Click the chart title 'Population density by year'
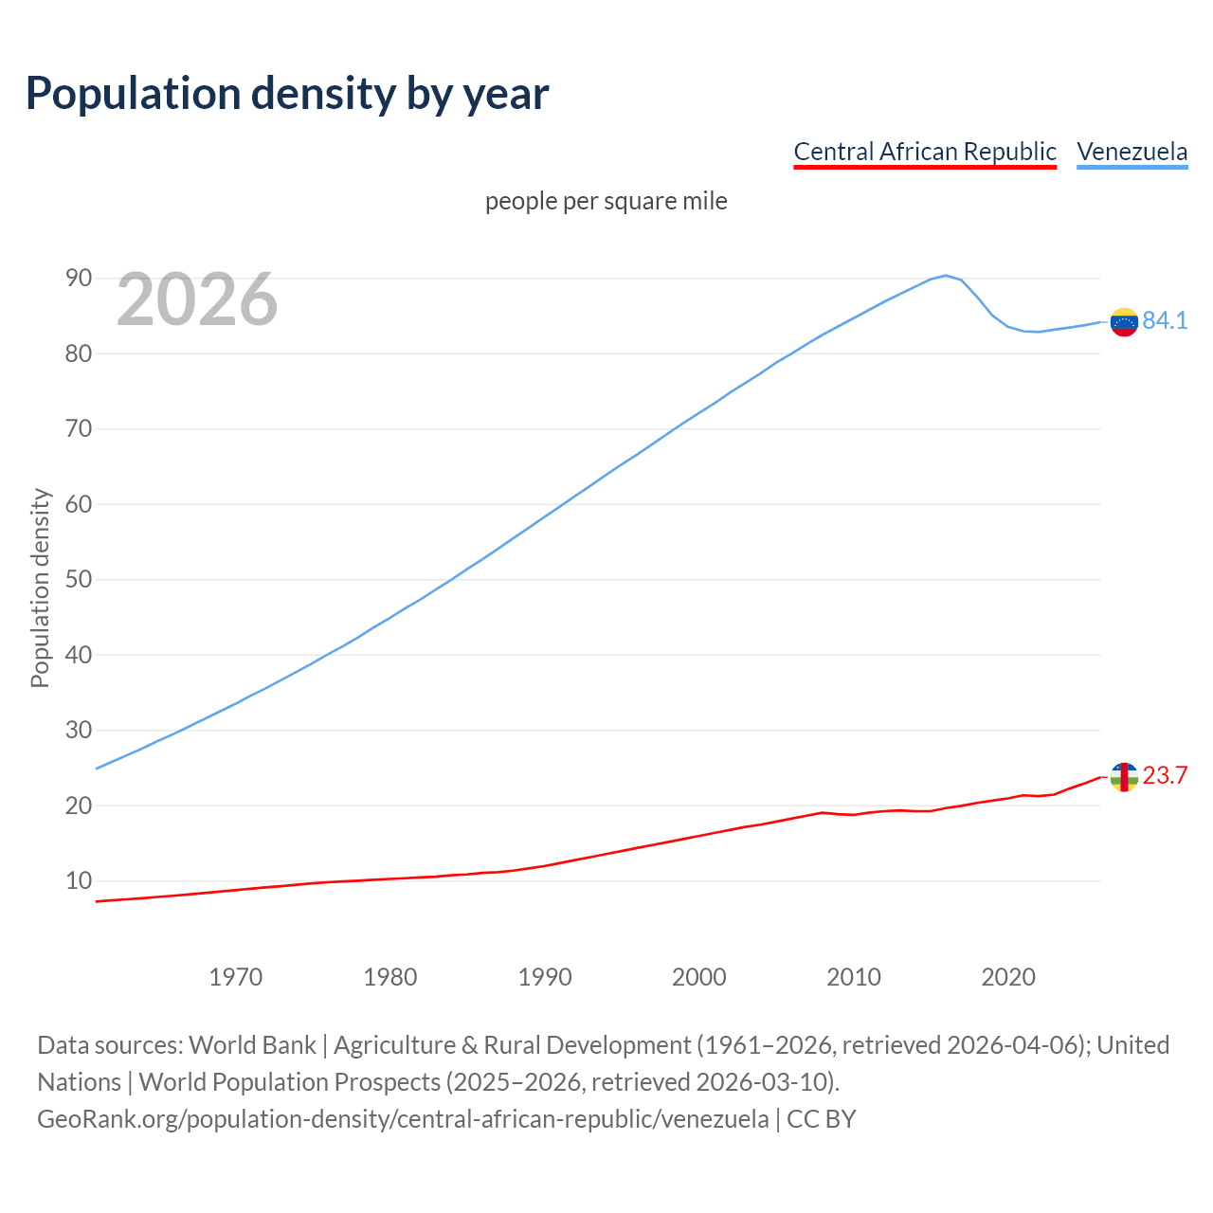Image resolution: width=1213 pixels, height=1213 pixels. pyautogui.click(x=287, y=93)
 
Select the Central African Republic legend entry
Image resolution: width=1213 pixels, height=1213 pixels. pyautogui.click(x=924, y=152)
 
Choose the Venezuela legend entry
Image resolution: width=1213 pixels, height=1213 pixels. pyautogui.click(x=1132, y=152)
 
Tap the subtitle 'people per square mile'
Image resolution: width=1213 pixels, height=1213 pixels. pyautogui.click(x=606, y=201)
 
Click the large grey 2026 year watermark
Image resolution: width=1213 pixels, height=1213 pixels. pyautogui.click(x=197, y=299)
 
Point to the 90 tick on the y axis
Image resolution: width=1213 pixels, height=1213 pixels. pyautogui.click(x=79, y=278)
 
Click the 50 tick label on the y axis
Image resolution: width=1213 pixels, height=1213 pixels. pyautogui.click(x=79, y=579)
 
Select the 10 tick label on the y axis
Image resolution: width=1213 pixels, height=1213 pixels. pyautogui.click(x=79, y=880)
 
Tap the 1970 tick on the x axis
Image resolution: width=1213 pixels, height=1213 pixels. pyautogui.click(x=236, y=977)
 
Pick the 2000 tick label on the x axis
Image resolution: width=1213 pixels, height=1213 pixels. pyautogui.click(x=699, y=977)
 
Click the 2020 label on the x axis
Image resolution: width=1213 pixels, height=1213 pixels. pyautogui.click(x=1008, y=977)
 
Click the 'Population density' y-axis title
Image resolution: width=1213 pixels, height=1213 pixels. pyautogui.click(x=40, y=588)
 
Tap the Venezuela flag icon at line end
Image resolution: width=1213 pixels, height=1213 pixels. pyautogui.click(x=1123, y=322)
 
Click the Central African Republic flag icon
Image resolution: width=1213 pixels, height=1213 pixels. pyautogui.click(x=1123, y=777)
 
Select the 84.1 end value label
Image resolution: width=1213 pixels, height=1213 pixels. pyautogui.click(x=1165, y=321)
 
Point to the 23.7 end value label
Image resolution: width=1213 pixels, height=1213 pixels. pyautogui.click(x=1165, y=776)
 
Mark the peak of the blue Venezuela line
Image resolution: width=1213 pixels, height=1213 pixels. pyautogui.click(x=946, y=276)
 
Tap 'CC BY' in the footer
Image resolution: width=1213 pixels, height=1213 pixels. pyautogui.click(x=822, y=1119)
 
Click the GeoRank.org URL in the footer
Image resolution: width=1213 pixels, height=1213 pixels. pyautogui.click(x=403, y=1119)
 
